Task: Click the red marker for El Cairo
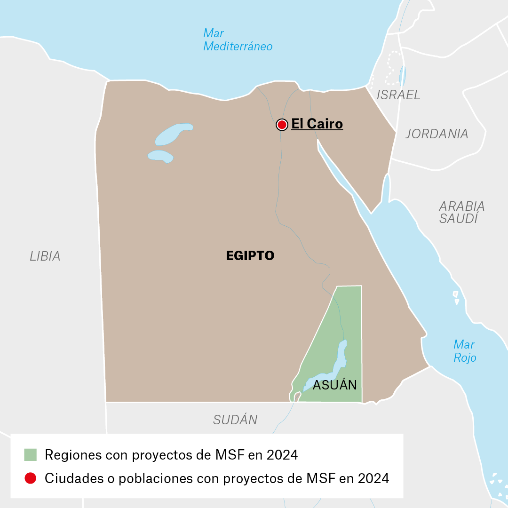pos(282,125)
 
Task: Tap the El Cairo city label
pos(317,124)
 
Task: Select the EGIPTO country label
pos(250,256)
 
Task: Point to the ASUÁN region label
pos(335,385)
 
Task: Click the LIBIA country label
pos(45,256)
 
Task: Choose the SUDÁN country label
pos(235,420)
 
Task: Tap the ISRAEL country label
pos(398,95)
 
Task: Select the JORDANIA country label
pos(437,134)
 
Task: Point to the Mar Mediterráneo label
pos(238,40)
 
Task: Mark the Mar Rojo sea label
pos(464,351)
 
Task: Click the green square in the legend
pos(31,455)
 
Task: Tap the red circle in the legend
pos(31,478)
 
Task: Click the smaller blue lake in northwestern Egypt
pos(161,156)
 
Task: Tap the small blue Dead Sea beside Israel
pos(402,75)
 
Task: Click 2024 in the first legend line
pos(282,455)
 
